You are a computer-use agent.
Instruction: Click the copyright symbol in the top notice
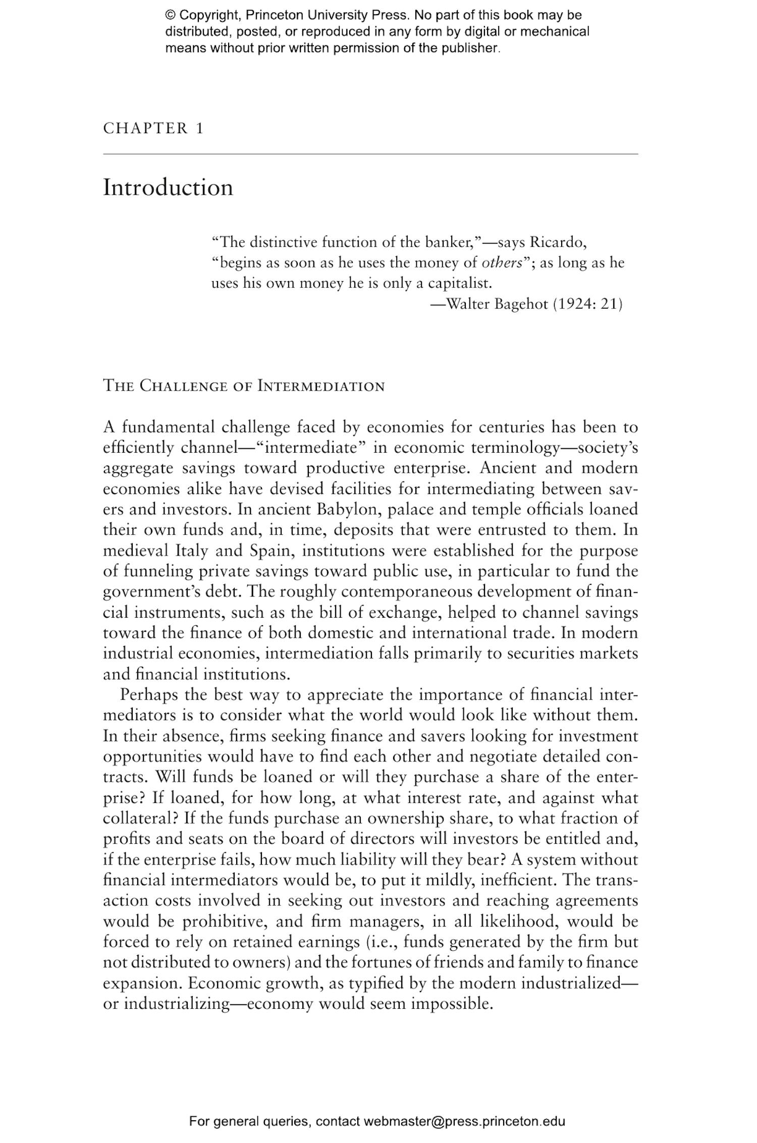click(170, 15)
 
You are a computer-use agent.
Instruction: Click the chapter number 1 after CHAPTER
click(199, 128)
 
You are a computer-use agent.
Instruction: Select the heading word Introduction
click(168, 188)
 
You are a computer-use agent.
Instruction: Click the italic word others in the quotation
click(502, 263)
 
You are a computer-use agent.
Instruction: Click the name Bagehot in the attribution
click(521, 304)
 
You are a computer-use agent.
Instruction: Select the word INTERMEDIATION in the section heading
click(321, 387)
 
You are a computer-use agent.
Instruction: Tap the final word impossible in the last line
click(451, 1003)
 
